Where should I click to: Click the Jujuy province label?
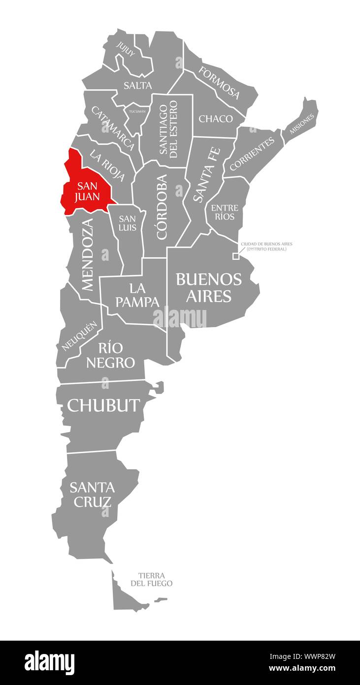click(x=125, y=49)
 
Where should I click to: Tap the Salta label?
click(x=137, y=86)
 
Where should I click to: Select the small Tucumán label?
click(x=137, y=111)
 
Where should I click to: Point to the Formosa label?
click(x=219, y=82)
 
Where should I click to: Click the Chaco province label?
click(x=216, y=119)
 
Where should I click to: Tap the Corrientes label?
click(x=252, y=154)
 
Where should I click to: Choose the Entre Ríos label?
click(x=225, y=212)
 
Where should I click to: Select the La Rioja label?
click(x=107, y=166)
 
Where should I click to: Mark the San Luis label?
click(x=127, y=223)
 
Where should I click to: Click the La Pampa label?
click(x=137, y=295)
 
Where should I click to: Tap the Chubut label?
click(x=103, y=405)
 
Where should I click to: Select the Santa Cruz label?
click(x=92, y=494)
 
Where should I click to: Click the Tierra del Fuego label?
click(x=151, y=579)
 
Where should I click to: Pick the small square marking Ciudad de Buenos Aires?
click(x=235, y=256)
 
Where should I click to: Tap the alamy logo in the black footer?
click(x=49, y=662)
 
